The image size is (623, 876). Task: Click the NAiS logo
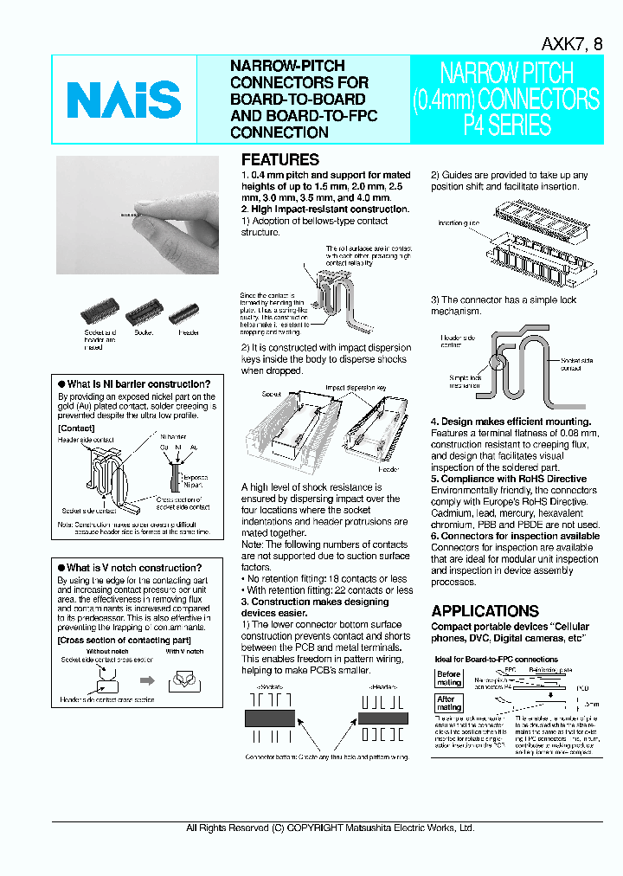click(124, 99)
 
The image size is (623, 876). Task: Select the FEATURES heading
click(279, 159)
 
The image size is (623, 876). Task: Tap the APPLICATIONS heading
click(485, 610)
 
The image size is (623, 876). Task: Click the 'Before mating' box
click(448, 679)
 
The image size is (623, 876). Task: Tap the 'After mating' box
click(448, 703)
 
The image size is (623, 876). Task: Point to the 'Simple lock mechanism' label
click(465, 381)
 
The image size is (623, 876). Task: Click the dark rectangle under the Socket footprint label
click(270, 718)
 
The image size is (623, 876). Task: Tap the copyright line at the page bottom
click(331, 828)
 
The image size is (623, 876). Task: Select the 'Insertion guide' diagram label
click(459, 223)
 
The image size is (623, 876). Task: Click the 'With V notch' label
click(183, 651)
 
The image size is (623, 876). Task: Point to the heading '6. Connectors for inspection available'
click(515, 536)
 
